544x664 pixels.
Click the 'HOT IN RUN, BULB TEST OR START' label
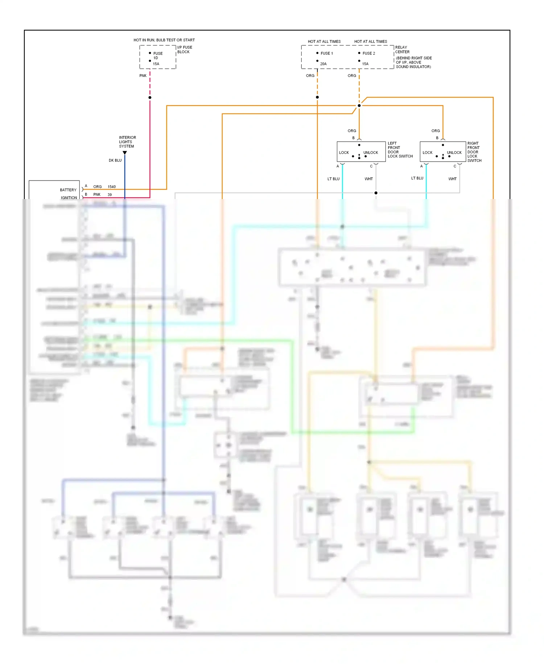pyautogui.click(x=164, y=40)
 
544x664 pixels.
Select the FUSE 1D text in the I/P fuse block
pyautogui.click(x=157, y=56)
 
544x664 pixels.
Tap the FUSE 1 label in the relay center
pyautogui.click(x=326, y=53)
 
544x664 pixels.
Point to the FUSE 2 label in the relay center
pyautogui.click(x=368, y=53)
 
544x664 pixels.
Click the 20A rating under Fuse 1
pyautogui.click(x=323, y=64)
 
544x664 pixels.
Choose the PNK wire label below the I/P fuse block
pyautogui.click(x=143, y=76)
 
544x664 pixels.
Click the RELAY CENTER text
pyautogui.click(x=402, y=49)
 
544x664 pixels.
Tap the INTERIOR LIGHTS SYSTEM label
pyautogui.click(x=127, y=142)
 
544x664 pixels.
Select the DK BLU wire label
pyautogui.click(x=115, y=160)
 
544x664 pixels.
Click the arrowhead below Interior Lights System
pyautogui.click(x=125, y=153)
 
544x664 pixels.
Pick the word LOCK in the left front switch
pyautogui.click(x=344, y=153)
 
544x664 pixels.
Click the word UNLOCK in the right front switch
pyautogui.click(x=454, y=153)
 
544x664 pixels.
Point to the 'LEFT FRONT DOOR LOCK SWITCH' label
pyautogui.click(x=400, y=150)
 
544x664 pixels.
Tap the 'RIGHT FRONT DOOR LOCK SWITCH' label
pyautogui.click(x=474, y=152)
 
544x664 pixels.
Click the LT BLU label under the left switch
pyautogui.click(x=333, y=179)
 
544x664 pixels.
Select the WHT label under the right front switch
pyautogui.click(x=452, y=179)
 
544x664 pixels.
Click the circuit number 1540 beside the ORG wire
pyautogui.click(x=111, y=187)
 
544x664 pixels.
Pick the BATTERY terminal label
pyautogui.click(x=68, y=190)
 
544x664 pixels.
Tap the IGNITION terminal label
pyautogui.click(x=69, y=198)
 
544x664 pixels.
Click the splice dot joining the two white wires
pyautogui.click(x=376, y=193)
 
